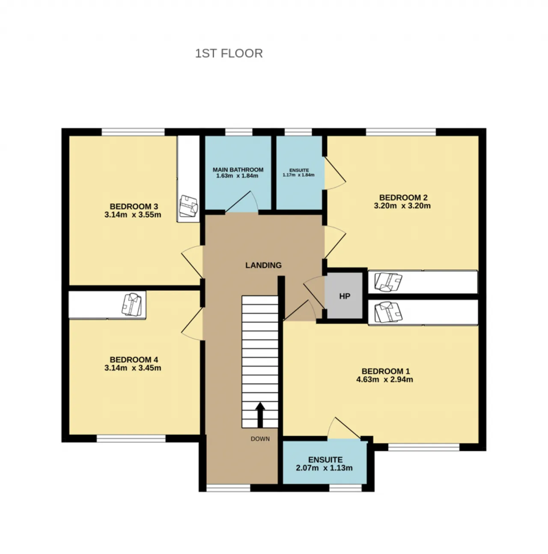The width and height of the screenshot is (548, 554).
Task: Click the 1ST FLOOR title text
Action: click(229, 54)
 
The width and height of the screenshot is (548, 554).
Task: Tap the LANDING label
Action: click(263, 265)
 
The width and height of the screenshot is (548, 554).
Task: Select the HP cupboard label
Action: click(345, 296)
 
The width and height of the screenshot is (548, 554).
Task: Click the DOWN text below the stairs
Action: click(260, 439)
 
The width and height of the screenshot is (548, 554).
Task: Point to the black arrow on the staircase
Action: click(260, 414)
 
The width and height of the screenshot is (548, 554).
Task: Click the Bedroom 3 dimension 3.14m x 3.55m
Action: click(133, 215)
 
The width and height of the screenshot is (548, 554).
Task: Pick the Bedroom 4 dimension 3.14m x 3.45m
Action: click(133, 368)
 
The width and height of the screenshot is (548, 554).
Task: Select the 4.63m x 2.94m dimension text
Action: click(384, 379)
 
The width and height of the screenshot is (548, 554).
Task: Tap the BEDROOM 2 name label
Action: click(403, 197)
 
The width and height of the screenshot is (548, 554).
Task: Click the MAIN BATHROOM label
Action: click(238, 170)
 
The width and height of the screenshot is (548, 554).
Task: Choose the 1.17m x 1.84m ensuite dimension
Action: click(298, 175)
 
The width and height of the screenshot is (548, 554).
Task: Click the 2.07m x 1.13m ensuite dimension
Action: click(324, 468)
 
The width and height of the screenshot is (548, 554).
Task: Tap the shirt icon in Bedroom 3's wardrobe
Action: click(188, 206)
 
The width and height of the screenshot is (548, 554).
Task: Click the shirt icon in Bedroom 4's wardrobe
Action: click(132, 304)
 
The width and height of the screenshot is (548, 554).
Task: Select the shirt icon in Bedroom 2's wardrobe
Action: click(388, 282)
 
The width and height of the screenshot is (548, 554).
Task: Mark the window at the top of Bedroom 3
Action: click(133, 132)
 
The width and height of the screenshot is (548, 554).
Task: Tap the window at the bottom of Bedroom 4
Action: click(131, 438)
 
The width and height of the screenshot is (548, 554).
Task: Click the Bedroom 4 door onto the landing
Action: click(192, 324)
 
